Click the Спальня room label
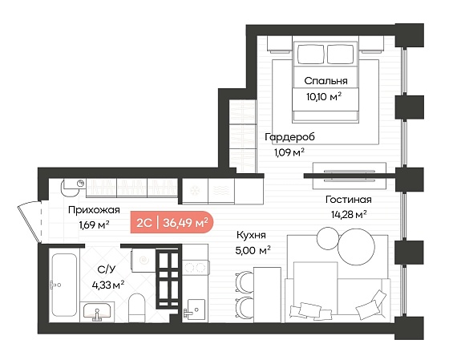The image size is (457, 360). pyautogui.click(x=326, y=81)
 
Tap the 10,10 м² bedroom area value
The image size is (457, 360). pyautogui.click(x=324, y=96)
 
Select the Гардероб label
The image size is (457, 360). pyautogui.click(x=289, y=137)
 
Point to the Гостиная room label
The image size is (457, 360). pyautogui.click(x=349, y=200)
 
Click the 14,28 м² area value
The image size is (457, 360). pyautogui.click(x=349, y=215)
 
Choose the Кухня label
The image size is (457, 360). pyautogui.click(x=251, y=235)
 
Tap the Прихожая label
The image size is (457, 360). pyautogui.click(x=94, y=210)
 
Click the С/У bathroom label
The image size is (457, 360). pyautogui.click(x=107, y=269)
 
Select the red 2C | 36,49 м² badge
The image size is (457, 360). pyautogui.click(x=172, y=222)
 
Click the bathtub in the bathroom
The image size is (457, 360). pyautogui.click(x=64, y=285)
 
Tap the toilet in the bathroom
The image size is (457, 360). pyautogui.click(x=136, y=307)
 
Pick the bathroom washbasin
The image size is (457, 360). pyautogui.click(x=97, y=311)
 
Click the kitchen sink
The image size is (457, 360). pyautogui.click(x=194, y=309)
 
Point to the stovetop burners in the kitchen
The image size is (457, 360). pyautogui.click(x=196, y=267)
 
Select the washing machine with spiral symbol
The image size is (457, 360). pyautogui.click(x=143, y=260)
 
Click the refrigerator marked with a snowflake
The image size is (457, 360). pyautogui.click(x=195, y=191)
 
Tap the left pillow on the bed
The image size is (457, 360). pyautogui.click(x=311, y=55)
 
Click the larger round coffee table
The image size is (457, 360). pyautogui.click(x=357, y=246)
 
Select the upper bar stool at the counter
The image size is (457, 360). pyautogui.click(x=245, y=282)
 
